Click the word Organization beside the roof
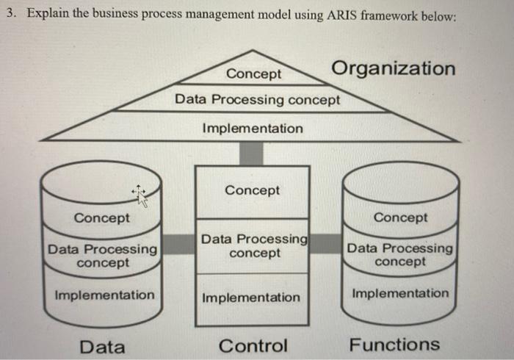(394, 68)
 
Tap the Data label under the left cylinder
(102, 347)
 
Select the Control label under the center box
(253, 346)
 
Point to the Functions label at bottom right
(394, 345)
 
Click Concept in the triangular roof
(253, 74)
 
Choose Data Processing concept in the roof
(257, 99)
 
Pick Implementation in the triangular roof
(252, 129)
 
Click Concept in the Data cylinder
(102, 218)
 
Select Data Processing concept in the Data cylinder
(102, 256)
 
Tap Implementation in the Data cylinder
(104, 295)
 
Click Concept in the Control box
(252, 190)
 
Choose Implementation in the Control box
(251, 298)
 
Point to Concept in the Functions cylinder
(400, 217)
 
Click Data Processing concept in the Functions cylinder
(400, 255)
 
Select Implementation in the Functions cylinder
(400, 293)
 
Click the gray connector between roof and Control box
(252, 153)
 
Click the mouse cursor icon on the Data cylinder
(140, 195)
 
